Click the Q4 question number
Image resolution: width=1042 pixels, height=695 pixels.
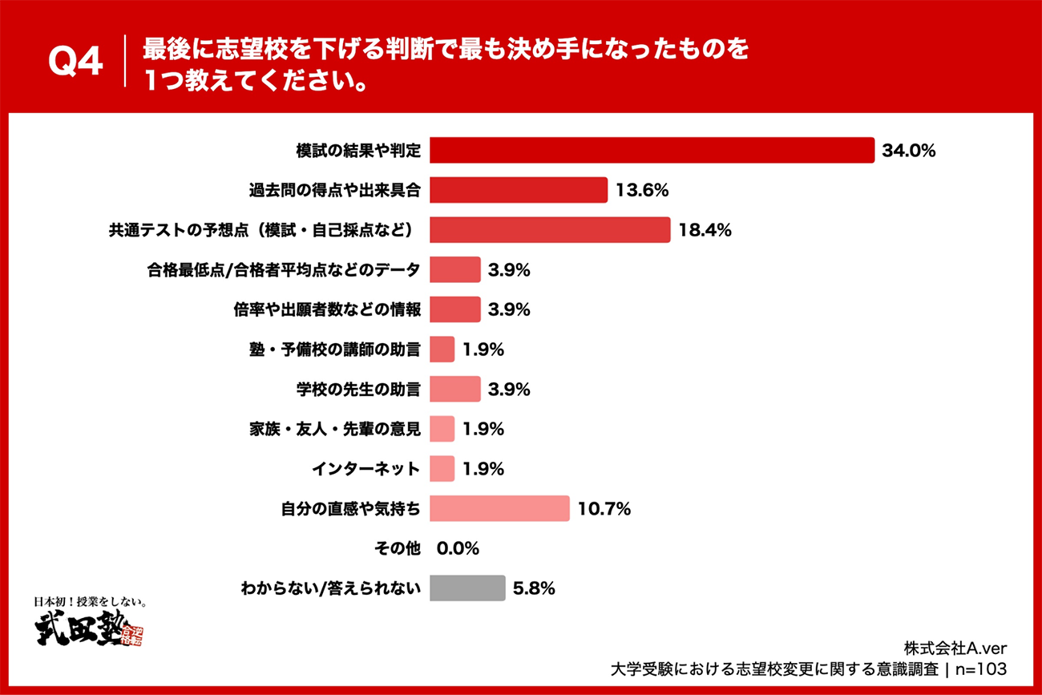(x=75, y=62)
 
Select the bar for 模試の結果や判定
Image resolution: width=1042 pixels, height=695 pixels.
(x=652, y=150)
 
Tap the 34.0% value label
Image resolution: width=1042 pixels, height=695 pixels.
(x=909, y=150)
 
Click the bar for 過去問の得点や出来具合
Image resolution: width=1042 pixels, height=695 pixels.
(x=519, y=190)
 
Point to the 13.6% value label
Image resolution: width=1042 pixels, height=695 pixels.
(x=642, y=190)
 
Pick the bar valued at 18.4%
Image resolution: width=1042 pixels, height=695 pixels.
(x=550, y=230)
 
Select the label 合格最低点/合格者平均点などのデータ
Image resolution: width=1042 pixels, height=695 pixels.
(x=283, y=270)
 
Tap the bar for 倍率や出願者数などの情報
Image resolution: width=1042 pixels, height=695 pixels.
(x=455, y=309)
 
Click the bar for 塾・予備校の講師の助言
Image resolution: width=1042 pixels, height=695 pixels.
(x=442, y=350)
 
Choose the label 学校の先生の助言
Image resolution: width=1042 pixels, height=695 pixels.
(x=358, y=390)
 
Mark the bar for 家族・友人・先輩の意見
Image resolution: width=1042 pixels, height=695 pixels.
(x=442, y=429)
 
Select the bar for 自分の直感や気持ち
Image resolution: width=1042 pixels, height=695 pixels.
(x=499, y=509)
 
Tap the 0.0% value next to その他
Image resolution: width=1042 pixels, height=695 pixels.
(x=458, y=549)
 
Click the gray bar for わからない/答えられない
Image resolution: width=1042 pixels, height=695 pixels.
(x=467, y=588)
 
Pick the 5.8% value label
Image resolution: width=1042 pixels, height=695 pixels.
(x=534, y=588)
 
